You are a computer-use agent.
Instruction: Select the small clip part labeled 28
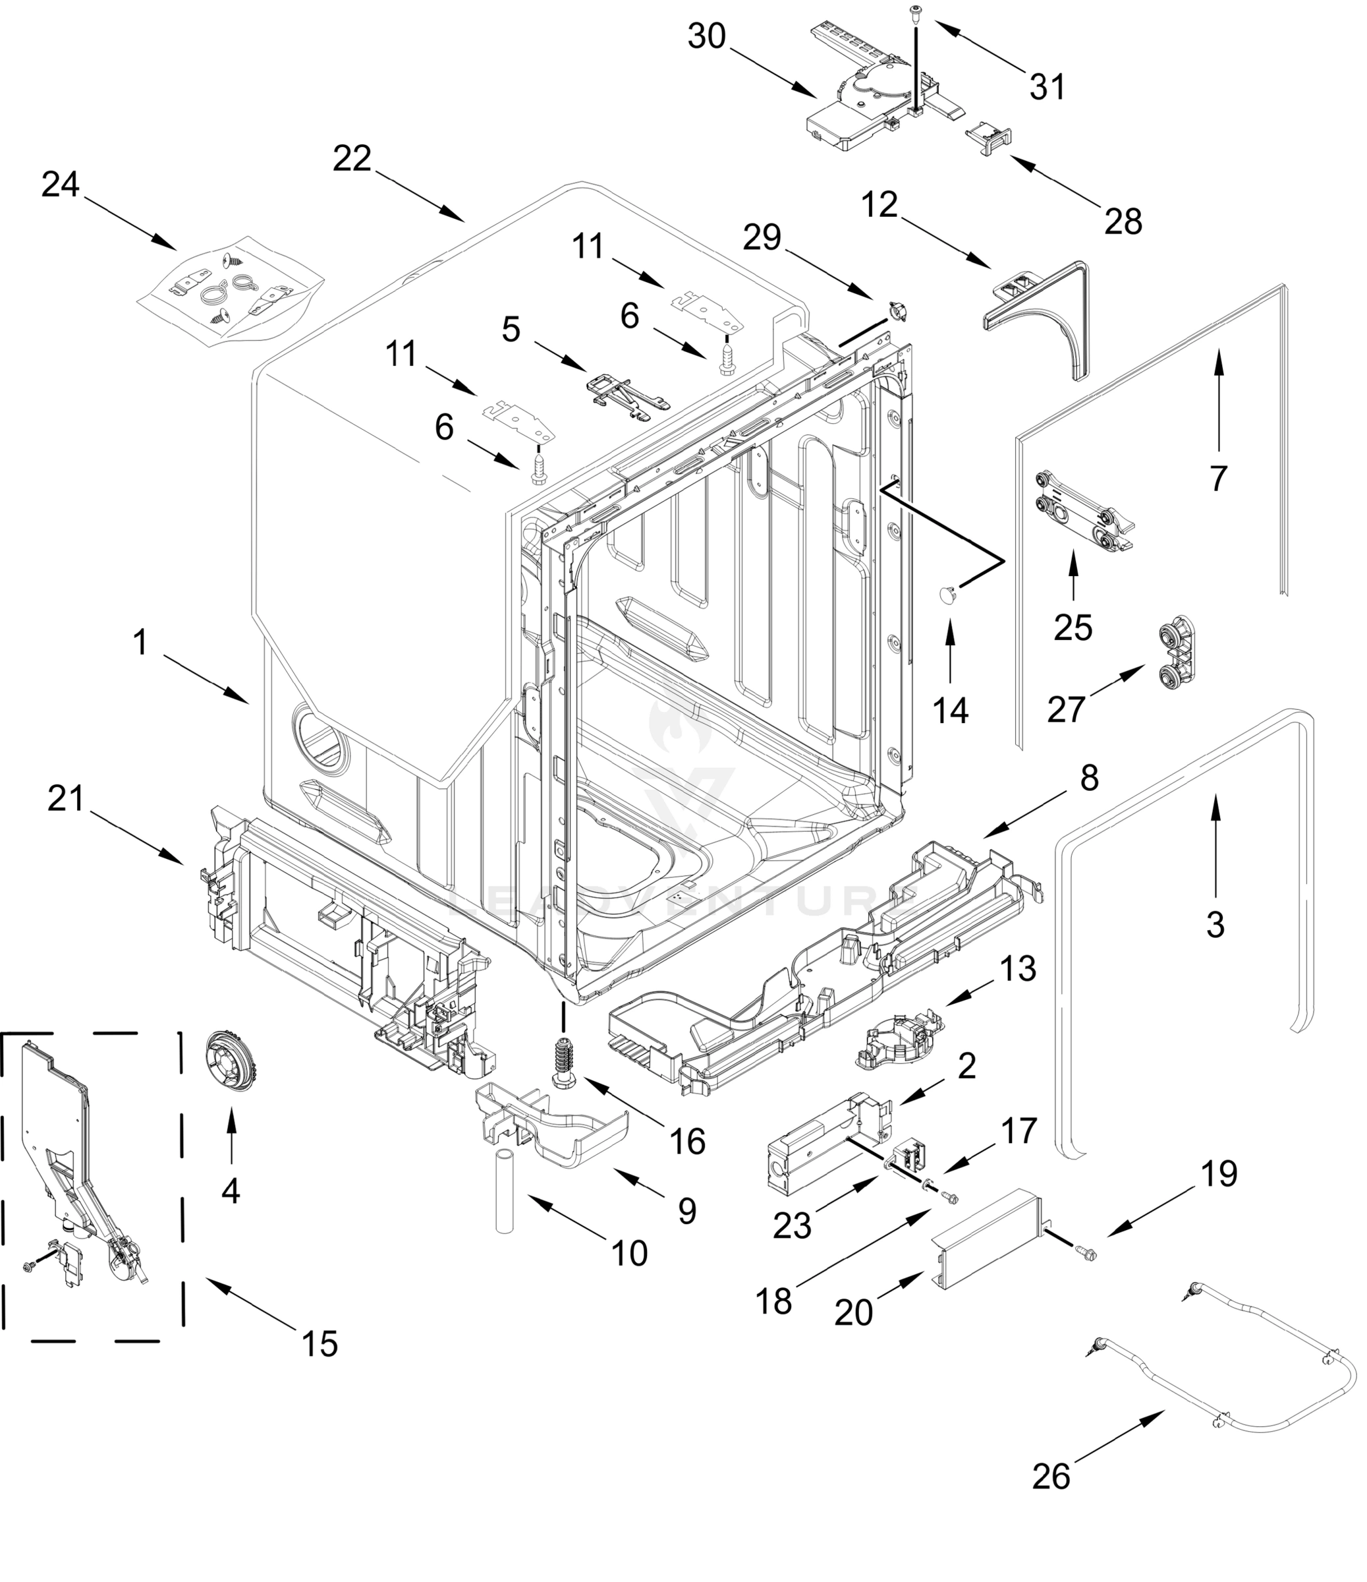click(x=990, y=140)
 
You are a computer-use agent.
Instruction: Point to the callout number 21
click(x=66, y=799)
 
